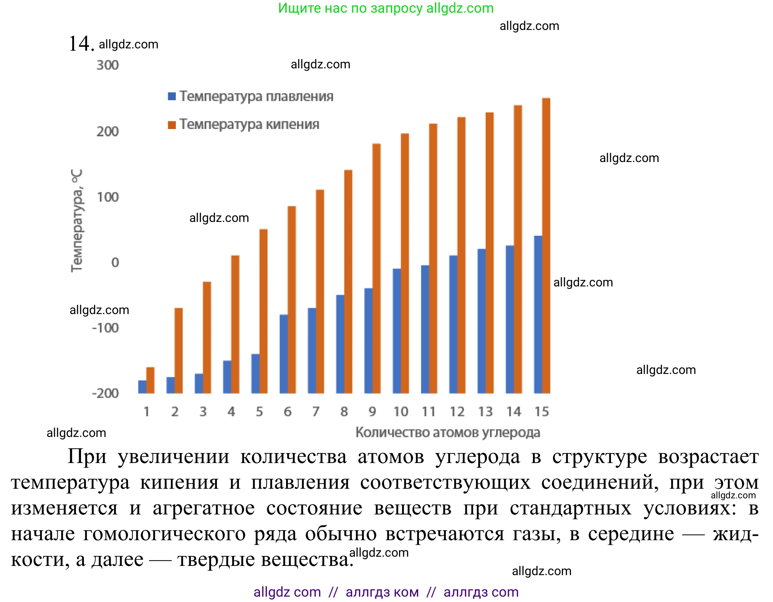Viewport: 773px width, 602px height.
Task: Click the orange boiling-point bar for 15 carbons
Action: pos(546,246)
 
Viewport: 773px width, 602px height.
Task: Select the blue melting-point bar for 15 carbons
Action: pos(538,315)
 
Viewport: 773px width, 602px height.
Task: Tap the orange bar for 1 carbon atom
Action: pos(151,380)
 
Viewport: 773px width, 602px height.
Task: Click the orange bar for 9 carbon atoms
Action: pos(377,269)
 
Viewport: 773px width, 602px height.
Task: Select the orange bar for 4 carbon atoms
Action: pos(235,324)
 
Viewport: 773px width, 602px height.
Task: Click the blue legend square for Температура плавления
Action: pos(172,96)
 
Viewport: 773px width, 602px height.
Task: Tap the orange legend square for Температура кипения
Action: pos(172,125)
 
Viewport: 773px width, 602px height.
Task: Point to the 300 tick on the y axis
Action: pos(108,65)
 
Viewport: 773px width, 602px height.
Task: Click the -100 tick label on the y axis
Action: pos(106,328)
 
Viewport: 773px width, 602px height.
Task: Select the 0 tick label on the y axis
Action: pos(115,263)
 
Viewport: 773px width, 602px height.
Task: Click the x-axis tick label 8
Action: pos(344,412)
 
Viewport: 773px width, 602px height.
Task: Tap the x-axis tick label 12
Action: pos(457,412)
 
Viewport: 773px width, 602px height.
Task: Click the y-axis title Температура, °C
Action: pos(77,221)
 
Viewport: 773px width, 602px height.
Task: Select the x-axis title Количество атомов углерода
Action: pos(448,433)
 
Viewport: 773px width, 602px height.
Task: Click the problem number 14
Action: pos(81,43)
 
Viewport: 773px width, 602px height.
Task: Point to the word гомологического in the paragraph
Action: pos(164,534)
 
